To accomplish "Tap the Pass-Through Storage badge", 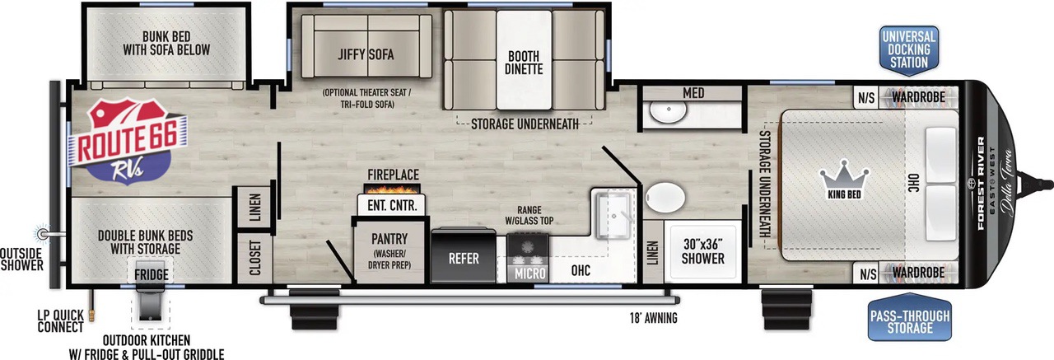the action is (x=910, y=317).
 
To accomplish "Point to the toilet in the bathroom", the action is (x=665, y=198).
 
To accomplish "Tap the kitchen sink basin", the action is (x=614, y=216).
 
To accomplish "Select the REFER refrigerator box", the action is (x=464, y=255).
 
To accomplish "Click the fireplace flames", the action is (x=392, y=189).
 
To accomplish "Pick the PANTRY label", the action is (x=389, y=239).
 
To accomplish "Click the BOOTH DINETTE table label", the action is (x=524, y=63).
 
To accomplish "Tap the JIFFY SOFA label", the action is (x=366, y=54).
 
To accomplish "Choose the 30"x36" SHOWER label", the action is (x=703, y=251).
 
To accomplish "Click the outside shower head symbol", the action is (x=43, y=233).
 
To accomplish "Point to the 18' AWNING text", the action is (x=654, y=319).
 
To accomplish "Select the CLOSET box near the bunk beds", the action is (x=254, y=257).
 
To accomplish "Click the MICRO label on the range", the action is (x=529, y=274).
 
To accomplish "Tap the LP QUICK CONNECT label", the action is (x=61, y=321).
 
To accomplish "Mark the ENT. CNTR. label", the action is (x=392, y=206).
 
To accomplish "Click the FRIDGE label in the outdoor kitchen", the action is (x=151, y=275).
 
